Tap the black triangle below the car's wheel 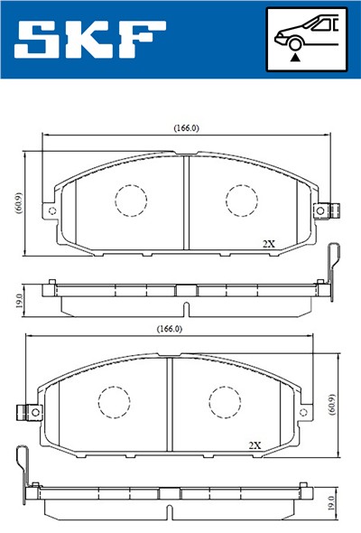(295, 56)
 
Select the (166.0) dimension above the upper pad (187, 128)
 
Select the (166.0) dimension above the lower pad (169, 329)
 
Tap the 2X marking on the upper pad (268, 244)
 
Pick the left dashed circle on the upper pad (131, 201)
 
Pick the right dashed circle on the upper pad (242, 201)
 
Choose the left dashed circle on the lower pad (115, 401)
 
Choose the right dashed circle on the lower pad (225, 401)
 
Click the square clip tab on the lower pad (29, 412)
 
